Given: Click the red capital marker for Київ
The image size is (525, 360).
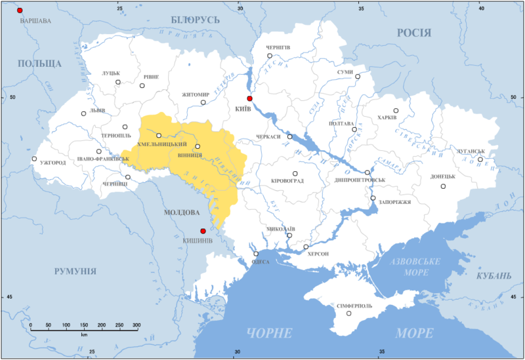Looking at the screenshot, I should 249,98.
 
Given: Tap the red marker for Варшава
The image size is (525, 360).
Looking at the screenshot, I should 20,11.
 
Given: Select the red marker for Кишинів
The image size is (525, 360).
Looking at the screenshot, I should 203,231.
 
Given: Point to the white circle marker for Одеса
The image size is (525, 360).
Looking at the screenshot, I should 256,254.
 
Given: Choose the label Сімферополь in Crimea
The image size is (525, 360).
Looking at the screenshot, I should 354,306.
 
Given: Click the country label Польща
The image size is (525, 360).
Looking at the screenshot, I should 40,64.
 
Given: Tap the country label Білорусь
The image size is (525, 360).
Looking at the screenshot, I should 195,20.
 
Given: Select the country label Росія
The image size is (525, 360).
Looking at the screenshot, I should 413,33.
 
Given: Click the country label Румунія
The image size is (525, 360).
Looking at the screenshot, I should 75,271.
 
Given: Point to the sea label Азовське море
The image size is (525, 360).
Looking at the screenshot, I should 415,267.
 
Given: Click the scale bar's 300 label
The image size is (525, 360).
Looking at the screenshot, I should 136,325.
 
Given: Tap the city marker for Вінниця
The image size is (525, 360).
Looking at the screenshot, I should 198,146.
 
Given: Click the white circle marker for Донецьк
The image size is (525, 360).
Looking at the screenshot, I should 443,186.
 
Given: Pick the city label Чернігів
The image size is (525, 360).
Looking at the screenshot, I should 278,48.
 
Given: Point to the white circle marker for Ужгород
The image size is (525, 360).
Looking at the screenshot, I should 34,159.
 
